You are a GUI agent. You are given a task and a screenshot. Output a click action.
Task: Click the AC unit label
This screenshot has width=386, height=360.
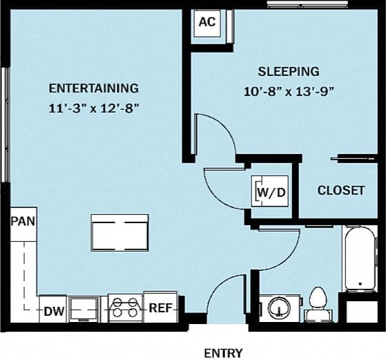pyautogui.click(x=207, y=22)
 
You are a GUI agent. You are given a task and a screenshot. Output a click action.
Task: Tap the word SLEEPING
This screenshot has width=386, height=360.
pyautogui.click(x=289, y=71)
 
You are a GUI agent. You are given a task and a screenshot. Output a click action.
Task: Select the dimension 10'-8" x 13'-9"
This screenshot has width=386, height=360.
pyautogui.click(x=289, y=91)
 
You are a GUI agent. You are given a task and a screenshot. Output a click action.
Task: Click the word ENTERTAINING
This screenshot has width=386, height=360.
pyautogui.click(x=94, y=88)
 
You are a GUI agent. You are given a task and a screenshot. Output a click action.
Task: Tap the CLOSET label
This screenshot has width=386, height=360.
pyautogui.click(x=340, y=190)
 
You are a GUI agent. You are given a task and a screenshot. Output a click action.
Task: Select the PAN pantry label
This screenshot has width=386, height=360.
pyautogui.click(x=23, y=222)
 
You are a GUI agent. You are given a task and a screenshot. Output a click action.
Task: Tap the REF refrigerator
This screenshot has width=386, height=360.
pyautogui.click(x=161, y=308)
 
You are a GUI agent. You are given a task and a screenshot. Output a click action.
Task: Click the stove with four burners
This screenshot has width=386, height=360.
pyautogui.click(x=125, y=308)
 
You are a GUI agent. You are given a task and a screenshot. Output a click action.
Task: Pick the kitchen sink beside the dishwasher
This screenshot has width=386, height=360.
pyautogui.click(x=86, y=310)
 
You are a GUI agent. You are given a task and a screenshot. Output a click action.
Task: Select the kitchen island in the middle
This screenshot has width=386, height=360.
pyautogui.click(x=120, y=233)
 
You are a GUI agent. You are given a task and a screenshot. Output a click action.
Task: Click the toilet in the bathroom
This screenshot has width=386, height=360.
pyautogui.click(x=318, y=304)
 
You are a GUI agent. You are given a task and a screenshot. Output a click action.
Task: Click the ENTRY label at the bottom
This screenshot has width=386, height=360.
pyautogui.click(x=224, y=353)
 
